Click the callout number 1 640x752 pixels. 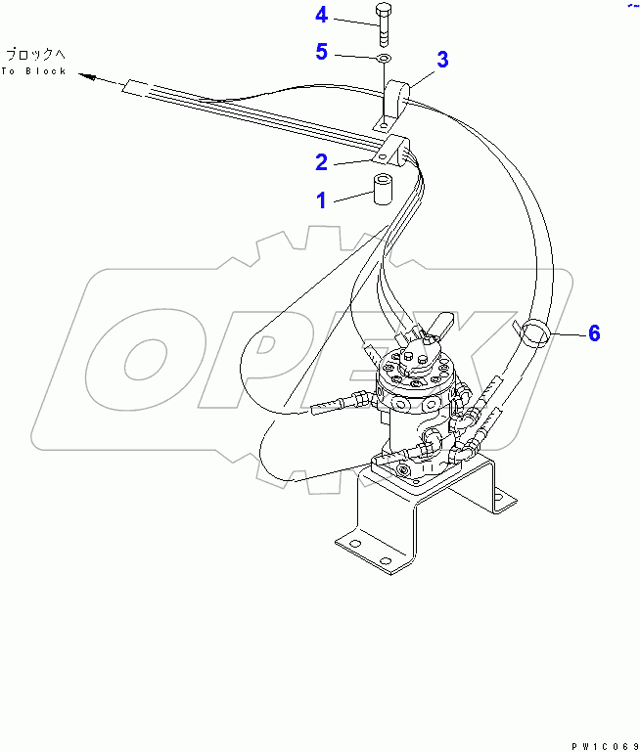(320, 200)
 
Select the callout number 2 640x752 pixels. (320, 162)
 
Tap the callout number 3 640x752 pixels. (442, 60)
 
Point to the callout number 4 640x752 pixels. (322, 15)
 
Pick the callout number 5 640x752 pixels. (321, 52)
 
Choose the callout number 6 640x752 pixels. (593, 333)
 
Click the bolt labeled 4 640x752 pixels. (383, 23)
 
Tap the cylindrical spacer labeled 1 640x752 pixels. (381, 188)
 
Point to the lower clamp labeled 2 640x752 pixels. (396, 153)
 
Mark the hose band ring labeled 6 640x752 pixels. (535, 332)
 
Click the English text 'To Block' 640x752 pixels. (33, 71)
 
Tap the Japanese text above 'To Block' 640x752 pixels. (33, 55)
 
